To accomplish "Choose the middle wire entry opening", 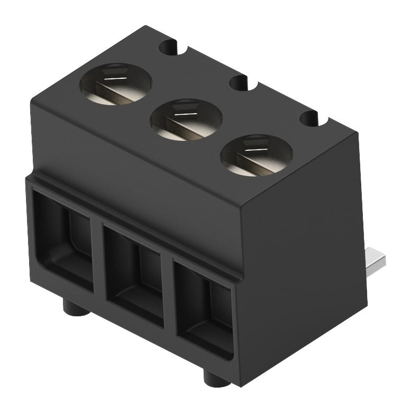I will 135,272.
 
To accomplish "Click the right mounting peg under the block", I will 215,377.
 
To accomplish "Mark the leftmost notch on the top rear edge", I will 170,47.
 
